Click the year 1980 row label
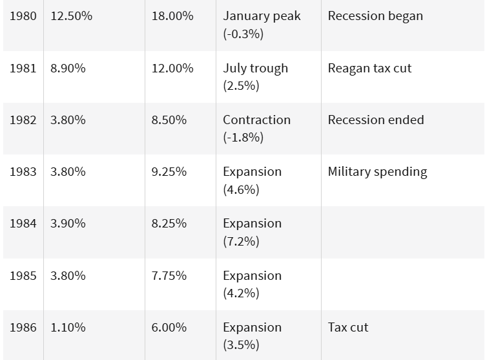[23, 16]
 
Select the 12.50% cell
[72, 16]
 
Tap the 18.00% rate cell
[172, 16]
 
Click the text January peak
[262, 16]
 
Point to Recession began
[375, 16]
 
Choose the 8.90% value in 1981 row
[68, 68]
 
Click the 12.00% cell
[172, 68]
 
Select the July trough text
[256, 69]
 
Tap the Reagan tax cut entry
[369, 69]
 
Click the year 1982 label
[23, 120]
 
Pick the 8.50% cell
[169, 120]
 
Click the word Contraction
[257, 120]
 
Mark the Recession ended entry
[376, 120]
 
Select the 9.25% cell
[169, 171]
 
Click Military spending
[377, 172]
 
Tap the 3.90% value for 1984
[68, 223]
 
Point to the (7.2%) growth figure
[241, 241]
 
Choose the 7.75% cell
[169, 275]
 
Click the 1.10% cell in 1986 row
[68, 327]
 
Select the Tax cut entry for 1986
[348, 327]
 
